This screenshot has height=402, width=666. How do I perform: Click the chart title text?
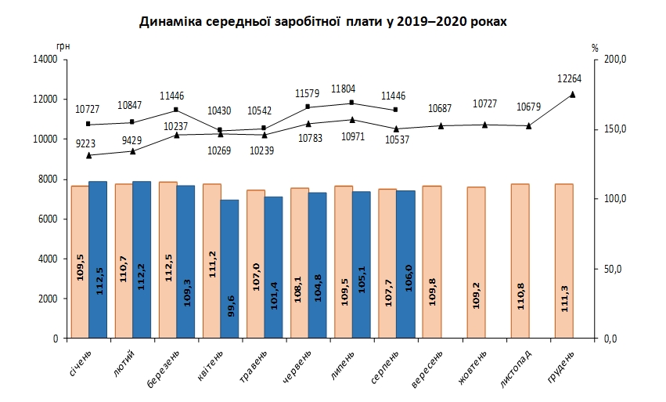click(x=323, y=22)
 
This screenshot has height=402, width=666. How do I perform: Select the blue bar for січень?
click(x=98, y=259)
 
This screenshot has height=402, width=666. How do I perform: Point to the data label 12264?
click(x=570, y=78)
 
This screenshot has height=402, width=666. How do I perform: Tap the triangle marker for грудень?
click(x=573, y=94)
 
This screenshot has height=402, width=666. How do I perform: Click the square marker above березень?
click(x=177, y=110)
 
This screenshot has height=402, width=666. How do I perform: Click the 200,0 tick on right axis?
click(x=617, y=60)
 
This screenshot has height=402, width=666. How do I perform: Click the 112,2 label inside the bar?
click(x=141, y=277)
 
